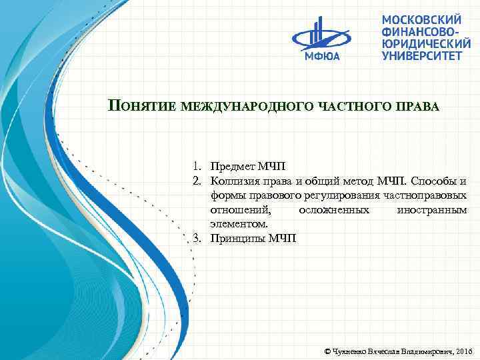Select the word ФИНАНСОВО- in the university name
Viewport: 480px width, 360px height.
[420, 32]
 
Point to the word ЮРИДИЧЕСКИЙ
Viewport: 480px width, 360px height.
[423, 44]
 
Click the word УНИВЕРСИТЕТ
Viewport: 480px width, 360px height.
[421, 56]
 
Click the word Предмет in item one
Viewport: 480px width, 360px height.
[229, 165]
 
